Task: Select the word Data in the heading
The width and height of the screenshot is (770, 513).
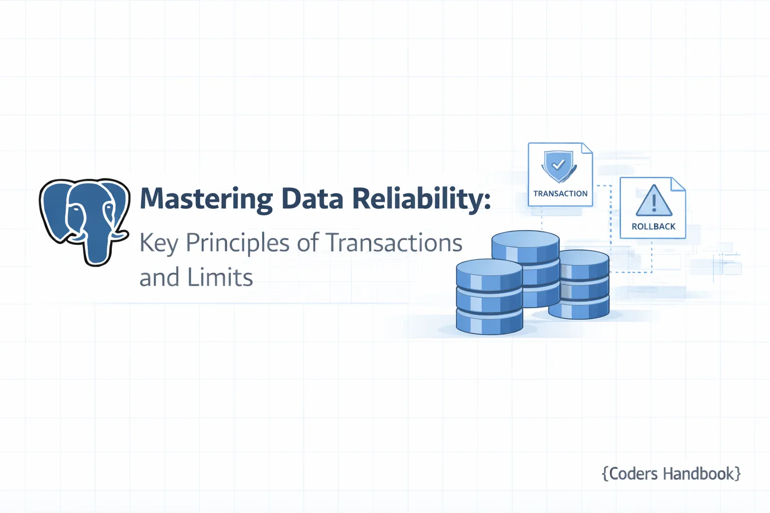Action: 312,198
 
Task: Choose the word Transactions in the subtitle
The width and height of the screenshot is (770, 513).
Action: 394,242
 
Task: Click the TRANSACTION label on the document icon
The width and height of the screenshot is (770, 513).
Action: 560,193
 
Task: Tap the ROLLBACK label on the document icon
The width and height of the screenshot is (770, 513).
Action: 654,226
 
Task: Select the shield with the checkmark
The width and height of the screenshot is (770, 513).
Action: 559,166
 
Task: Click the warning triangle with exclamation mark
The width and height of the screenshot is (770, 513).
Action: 654,201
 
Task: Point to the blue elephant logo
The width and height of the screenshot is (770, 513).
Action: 85,222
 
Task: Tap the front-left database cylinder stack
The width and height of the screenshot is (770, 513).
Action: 489,297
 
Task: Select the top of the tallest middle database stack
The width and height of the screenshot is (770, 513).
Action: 525,241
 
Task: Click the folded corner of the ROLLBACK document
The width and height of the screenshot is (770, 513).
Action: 678,184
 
